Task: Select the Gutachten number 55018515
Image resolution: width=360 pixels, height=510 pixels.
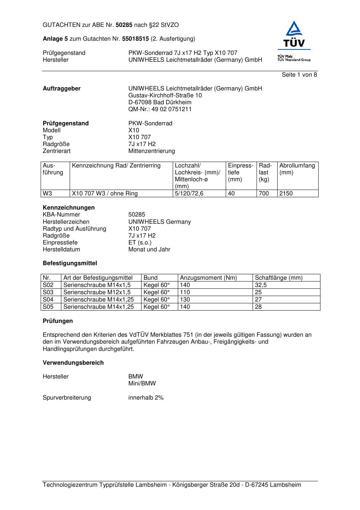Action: [x=135, y=39]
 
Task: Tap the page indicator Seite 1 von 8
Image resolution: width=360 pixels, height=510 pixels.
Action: [x=299, y=75]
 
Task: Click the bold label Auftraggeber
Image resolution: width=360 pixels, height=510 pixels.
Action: [x=62, y=89]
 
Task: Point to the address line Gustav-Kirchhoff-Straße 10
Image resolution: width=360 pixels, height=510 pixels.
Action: [x=165, y=96]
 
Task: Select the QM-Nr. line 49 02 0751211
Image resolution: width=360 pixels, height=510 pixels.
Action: [x=160, y=109]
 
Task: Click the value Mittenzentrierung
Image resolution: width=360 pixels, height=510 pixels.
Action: [x=151, y=151]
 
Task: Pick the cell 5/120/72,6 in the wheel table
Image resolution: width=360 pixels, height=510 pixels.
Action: [x=189, y=194]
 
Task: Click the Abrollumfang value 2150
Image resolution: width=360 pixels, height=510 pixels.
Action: [x=286, y=194]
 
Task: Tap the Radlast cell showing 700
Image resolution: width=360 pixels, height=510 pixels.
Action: [x=264, y=194]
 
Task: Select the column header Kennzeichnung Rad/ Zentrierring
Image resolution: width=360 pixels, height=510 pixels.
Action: [x=116, y=166]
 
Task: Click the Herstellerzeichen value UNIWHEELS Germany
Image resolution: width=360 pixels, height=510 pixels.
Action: [x=159, y=222]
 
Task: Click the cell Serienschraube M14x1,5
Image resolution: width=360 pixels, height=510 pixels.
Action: [x=97, y=285]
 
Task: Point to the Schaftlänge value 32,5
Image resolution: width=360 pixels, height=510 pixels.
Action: [x=261, y=285]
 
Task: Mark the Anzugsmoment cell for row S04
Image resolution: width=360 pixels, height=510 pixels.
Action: [x=185, y=300]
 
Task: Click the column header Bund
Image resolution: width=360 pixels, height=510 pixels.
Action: [x=151, y=278]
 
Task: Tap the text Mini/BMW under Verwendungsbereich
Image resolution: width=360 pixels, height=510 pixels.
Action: [x=142, y=384]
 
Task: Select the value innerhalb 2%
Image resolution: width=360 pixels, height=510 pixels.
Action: [x=146, y=398]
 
